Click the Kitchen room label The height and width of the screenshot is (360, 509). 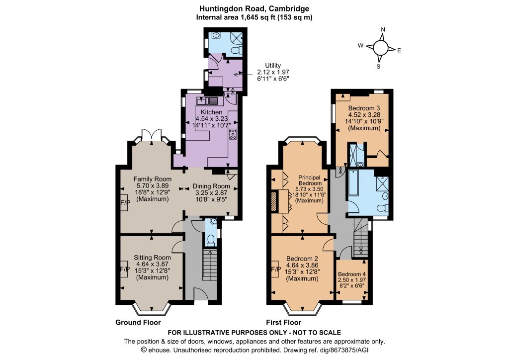coord(211,112)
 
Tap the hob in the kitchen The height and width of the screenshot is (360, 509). coord(233,134)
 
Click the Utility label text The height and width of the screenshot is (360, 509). coord(273,65)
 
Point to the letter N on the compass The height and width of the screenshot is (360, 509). coord(383,30)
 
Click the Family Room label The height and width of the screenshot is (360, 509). coord(152,179)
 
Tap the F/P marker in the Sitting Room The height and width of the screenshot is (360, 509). coord(125,270)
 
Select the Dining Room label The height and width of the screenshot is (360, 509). coord(211,186)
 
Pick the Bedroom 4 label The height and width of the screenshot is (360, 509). coord(351,274)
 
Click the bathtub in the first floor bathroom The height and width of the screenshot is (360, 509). coord(353,183)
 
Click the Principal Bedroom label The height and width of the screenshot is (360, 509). coord(309,180)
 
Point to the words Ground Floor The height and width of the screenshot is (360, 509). coord(138,322)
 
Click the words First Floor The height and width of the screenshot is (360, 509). coord(284,322)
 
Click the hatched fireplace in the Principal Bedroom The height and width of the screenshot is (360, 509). coord(273,201)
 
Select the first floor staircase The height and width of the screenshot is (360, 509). coord(361,238)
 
